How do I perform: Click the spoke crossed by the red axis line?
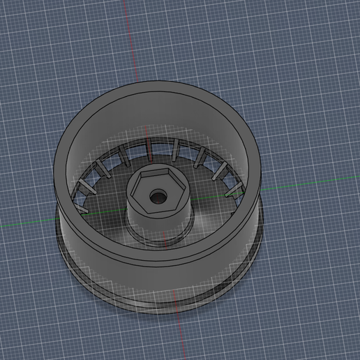pos(149,147)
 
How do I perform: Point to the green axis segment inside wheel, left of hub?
pos(105,213)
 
